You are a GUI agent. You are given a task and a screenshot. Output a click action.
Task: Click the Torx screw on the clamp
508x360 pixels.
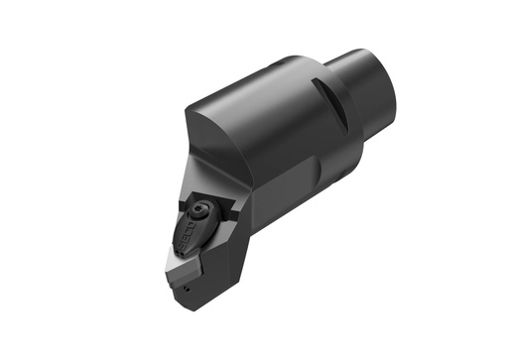pos(202,210)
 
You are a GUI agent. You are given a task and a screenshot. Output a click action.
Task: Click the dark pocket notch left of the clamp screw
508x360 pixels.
pos(183,206)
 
